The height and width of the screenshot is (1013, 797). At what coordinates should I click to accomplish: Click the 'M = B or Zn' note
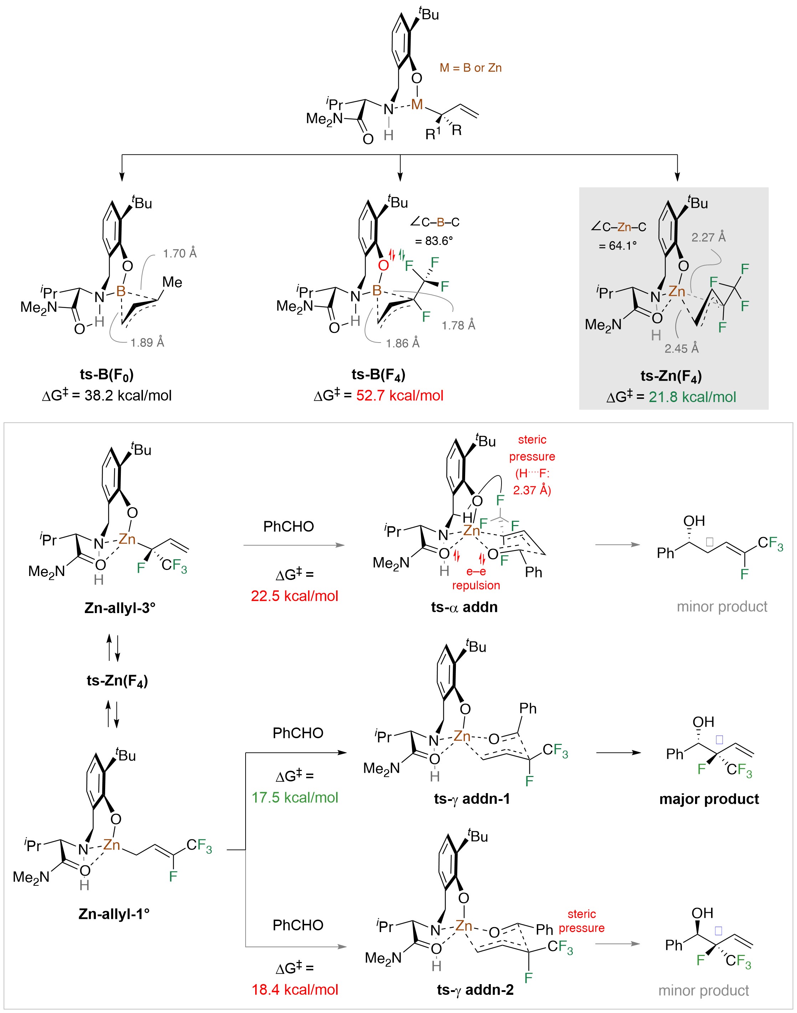[x=471, y=68]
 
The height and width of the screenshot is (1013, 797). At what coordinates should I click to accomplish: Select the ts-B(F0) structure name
[x=107, y=374]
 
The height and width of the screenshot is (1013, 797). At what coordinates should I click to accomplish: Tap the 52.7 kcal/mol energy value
[x=400, y=396]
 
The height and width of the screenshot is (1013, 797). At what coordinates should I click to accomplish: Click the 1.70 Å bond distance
[x=180, y=253]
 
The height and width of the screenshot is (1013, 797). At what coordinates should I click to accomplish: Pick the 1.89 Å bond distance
[x=148, y=343]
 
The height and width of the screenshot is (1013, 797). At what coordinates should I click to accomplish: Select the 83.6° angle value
[x=433, y=241]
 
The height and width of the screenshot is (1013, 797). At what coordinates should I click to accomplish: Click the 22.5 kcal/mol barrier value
[x=294, y=596]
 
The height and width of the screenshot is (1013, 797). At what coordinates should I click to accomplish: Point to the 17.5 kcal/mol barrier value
[x=294, y=797]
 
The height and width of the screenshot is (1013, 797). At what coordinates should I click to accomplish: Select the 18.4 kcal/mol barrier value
[x=294, y=989]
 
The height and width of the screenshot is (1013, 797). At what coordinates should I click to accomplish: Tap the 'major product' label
[x=709, y=799]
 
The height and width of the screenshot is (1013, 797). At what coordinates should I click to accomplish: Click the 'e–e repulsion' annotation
[x=476, y=578]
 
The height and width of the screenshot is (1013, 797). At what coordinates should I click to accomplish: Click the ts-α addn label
[x=464, y=607]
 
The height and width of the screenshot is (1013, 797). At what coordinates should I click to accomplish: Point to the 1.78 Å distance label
[x=458, y=325]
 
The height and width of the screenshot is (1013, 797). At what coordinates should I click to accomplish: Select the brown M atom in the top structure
[x=417, y=104]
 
